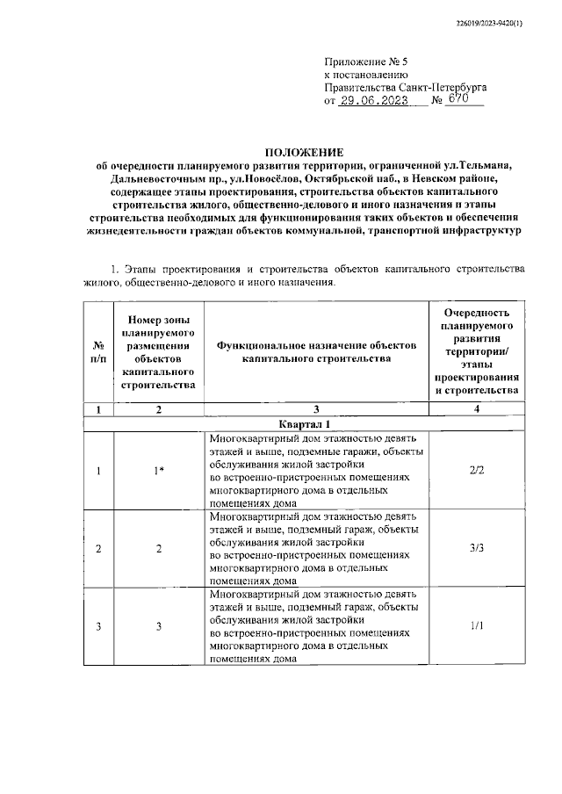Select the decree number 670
457,100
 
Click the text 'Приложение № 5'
366,62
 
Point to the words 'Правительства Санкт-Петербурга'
406,88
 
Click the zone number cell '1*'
158,471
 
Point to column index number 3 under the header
317,408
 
